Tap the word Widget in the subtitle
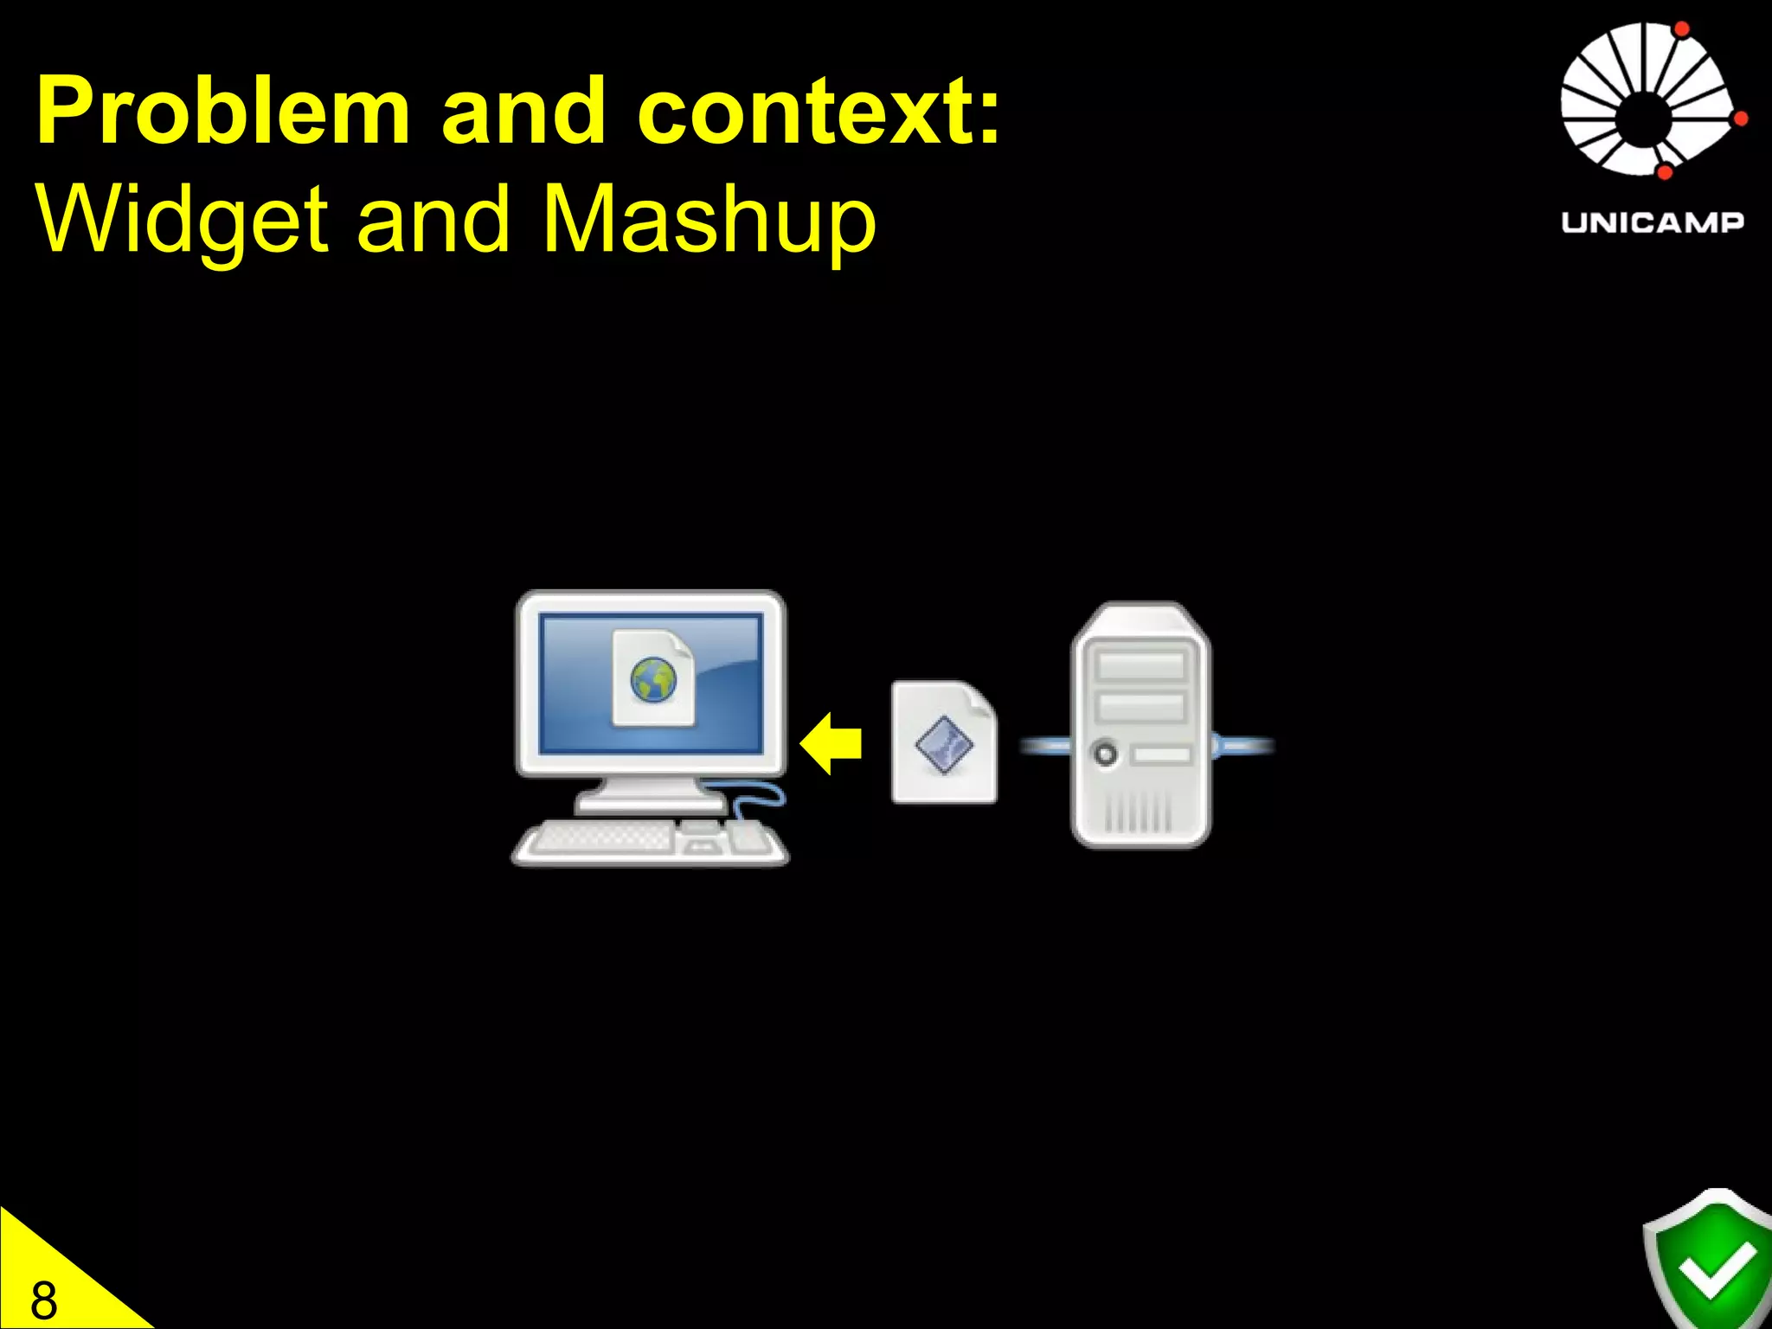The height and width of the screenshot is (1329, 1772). [182, 220]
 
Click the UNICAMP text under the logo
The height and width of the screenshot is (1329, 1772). [1652, 222]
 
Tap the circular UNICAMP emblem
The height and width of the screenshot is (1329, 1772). [1648, 100]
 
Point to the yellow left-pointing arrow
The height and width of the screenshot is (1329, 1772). [831, 743]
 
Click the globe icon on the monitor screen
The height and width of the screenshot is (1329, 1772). [653, 679]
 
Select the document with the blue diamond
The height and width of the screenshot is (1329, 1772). [944, 742]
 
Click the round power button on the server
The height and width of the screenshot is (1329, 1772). [1105, 753]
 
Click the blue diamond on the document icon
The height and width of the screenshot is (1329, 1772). [944, 745]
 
